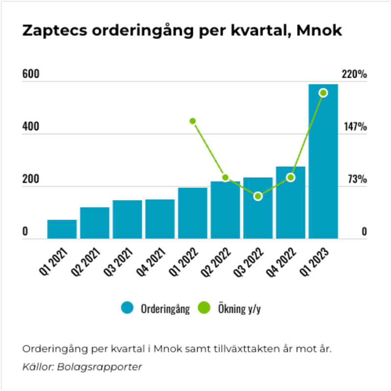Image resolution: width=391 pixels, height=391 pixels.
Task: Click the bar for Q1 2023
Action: [x=323, y=161]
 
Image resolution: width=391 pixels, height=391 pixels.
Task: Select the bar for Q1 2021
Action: [x=62, y=229]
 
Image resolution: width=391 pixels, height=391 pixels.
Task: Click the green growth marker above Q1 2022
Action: [x=193, y=121]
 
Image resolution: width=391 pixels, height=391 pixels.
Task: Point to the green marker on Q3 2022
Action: [x=258, y=196]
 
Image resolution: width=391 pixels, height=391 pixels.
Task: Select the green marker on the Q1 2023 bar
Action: [x=323, y=93]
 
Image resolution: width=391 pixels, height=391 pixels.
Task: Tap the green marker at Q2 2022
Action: [x=225, y=177]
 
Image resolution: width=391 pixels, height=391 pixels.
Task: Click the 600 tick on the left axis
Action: [x=30, y=75]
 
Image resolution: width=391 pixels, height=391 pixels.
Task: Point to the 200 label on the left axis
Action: [x=30, y=180]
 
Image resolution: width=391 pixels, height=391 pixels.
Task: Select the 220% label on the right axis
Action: [x=354, y=75]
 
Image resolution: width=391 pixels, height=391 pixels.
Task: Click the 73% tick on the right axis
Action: [x=357, y=180]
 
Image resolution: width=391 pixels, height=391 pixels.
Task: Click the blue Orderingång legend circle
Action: [x=127, y=308]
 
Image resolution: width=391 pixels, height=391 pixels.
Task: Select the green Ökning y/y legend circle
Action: [x=204, y=308]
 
